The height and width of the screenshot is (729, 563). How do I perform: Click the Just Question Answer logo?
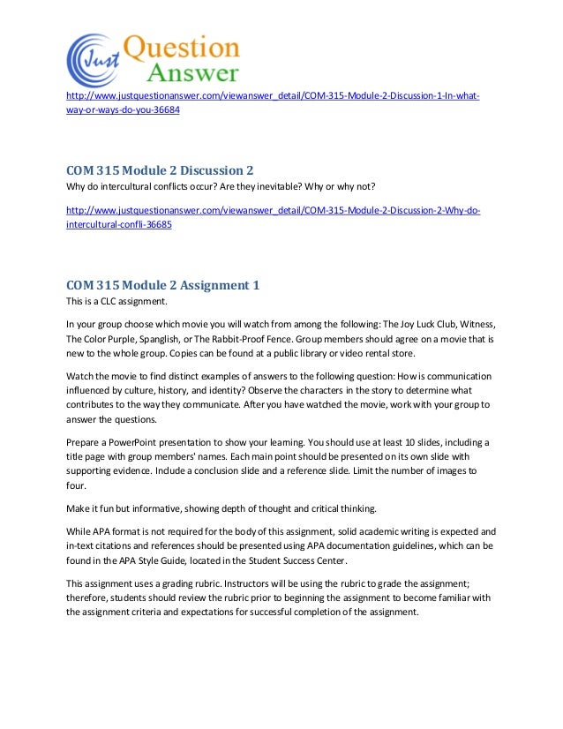point(152,59)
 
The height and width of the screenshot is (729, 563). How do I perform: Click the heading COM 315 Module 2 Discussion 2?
point(166,169)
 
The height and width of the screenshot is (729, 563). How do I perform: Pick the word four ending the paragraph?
point(77,485)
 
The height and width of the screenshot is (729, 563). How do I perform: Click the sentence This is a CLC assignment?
point(116,301)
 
